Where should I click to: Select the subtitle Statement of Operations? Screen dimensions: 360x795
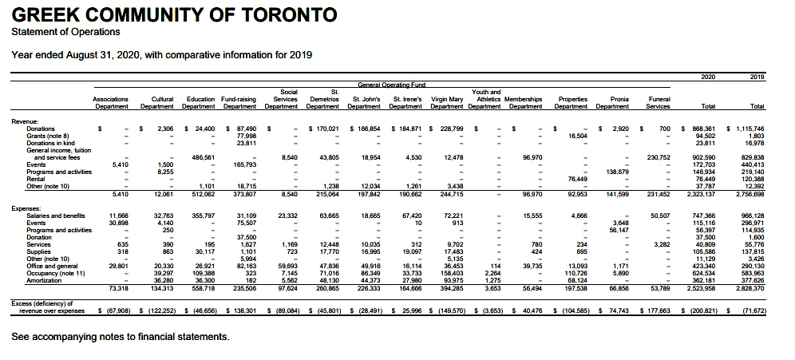pos(66,32)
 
